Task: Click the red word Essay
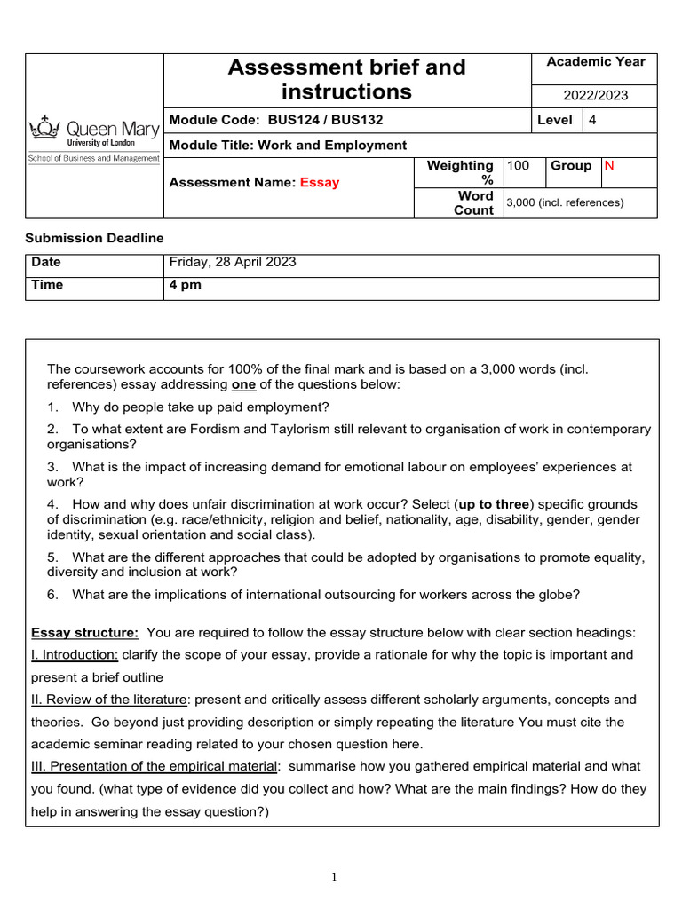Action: [319, 183]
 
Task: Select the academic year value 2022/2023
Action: [595, 95]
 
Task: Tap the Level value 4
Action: [592, 120]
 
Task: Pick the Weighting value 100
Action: [517, 166]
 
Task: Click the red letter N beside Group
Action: [608, 166]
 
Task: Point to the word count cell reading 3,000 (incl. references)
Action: [565, 202]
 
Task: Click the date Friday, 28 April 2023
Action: [233, 263]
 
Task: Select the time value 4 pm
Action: [186, 286]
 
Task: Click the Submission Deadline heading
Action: [93, 238]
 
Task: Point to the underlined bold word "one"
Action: [243, 384]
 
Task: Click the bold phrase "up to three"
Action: [494, 504]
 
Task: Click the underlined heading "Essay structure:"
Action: [84, 633]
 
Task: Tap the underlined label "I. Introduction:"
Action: [75, 655]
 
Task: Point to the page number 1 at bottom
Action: [334, 878]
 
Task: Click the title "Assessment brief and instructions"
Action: [346, 79]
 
